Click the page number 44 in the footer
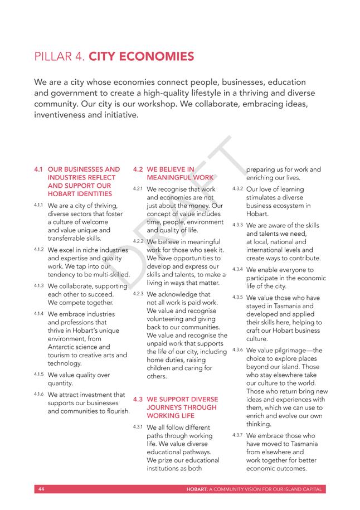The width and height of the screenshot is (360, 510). [x=41, y=489]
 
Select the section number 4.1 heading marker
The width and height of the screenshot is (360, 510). [x=38, y=169]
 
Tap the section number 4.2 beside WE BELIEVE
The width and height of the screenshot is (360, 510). [x=138, y=169]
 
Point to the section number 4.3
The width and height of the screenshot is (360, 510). [x=138, y=399]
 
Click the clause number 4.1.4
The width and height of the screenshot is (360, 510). [x=38, y=313]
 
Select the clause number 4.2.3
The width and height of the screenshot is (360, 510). [x=138, y=293]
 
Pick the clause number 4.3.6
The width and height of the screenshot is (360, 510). [x=238, y=349]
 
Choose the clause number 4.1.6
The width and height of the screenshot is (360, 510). [x=38, y=394]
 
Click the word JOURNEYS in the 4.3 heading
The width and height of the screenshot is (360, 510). [x=165, y=407]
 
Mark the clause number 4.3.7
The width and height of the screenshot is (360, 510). [x=238, y=435]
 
